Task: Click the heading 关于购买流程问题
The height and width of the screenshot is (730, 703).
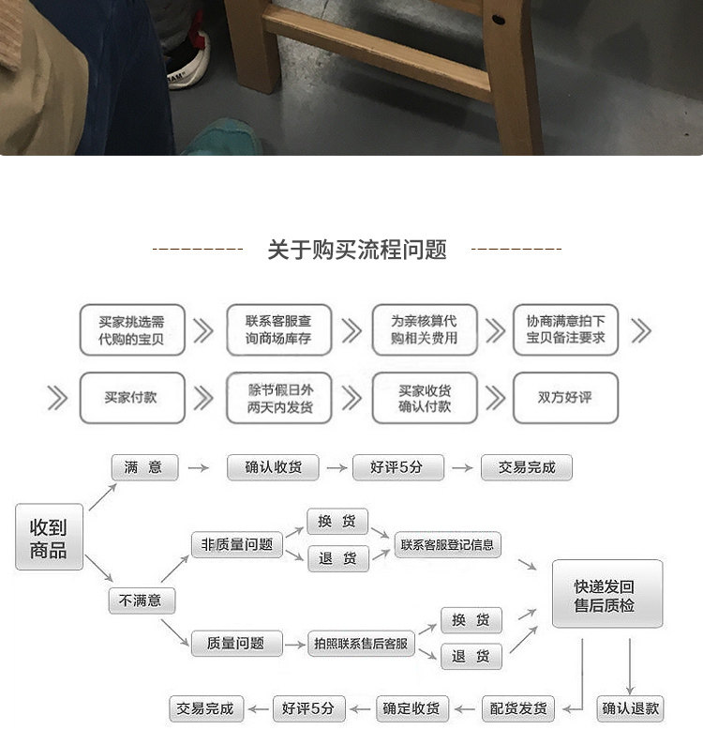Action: (356, 250)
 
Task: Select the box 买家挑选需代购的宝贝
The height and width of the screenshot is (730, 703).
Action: (131, 329)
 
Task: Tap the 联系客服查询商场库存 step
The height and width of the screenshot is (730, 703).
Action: (278, 329)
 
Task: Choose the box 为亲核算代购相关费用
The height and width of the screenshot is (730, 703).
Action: (425, 329)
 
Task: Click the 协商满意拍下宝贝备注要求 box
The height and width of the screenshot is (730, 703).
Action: (565, 329)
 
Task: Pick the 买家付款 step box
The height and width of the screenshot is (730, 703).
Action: (131, 397)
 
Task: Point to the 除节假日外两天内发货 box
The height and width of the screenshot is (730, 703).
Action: (278, 397)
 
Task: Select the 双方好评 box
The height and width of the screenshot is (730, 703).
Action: (565, 397)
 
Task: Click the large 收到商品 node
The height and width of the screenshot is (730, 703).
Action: (49, 538)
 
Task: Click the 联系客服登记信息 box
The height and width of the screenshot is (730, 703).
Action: (447, 544)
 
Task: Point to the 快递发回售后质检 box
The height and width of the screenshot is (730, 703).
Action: (606, 594)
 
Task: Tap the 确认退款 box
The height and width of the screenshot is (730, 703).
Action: (630, 708)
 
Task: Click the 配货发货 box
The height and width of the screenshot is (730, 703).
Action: (518, 708)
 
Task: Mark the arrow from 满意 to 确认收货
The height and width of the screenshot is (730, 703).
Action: (197, 467)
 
